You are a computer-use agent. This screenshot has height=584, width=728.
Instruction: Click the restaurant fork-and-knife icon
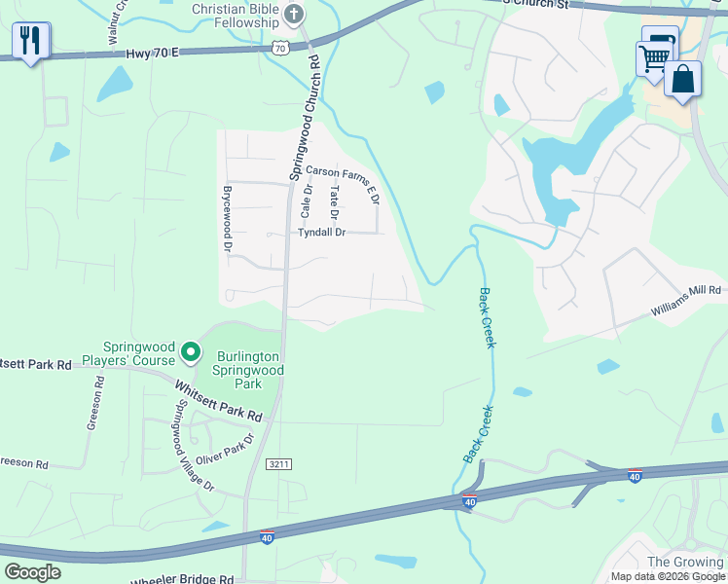[x=30, y=40]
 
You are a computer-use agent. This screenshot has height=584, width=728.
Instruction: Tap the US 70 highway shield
[x=280, y=47]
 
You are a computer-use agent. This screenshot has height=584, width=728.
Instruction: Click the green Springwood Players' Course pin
[x=192, y=350]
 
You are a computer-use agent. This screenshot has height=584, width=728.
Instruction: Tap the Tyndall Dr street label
[x=322, y=233]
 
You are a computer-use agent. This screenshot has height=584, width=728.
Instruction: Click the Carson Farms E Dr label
[x=342, y=182]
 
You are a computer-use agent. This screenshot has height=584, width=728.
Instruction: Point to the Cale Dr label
[x=306, y=201]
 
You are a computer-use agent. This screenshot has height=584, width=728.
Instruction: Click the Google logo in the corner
[x=32, y=572]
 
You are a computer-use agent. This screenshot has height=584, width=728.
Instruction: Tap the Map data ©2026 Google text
[x=668, y=576]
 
